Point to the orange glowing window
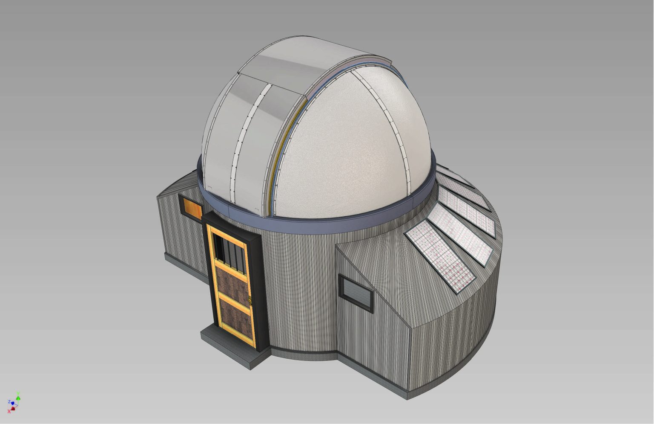[190, 208]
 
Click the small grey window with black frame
[356, 291]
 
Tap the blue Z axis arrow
[12, 402]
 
